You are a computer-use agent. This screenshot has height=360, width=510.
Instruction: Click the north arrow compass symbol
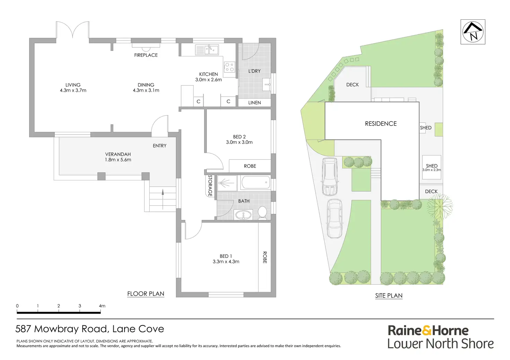pos(473,32)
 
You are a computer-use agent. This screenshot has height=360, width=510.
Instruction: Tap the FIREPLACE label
pos(146,55)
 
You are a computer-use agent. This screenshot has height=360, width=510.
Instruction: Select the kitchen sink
pos(207,50)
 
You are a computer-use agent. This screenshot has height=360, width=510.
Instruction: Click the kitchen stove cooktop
pos(229,67)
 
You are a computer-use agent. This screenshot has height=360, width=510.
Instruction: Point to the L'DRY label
pos(254,71)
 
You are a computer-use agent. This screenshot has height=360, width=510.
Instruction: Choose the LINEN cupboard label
pos(255,102)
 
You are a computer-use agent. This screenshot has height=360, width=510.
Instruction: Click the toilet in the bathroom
pos(262,213)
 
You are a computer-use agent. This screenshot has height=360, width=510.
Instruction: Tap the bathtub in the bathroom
pos(256,182)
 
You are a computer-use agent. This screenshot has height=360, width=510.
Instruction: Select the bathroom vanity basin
pos(243,215)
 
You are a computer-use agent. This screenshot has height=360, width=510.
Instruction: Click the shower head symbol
pos(226,183)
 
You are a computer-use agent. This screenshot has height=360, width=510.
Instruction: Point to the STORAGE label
pos(210,186)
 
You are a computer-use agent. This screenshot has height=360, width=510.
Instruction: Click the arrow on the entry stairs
pos(162,199)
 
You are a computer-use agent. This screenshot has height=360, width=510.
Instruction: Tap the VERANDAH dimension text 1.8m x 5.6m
pos(118,160)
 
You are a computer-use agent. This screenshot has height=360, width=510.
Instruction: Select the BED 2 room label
pos(239,137)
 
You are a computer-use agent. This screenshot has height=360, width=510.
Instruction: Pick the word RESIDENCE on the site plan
pos(381,124)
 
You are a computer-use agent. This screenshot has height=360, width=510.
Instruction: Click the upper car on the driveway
pos(329,177)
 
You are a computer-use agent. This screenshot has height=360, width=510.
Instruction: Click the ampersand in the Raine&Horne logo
pos(427,331)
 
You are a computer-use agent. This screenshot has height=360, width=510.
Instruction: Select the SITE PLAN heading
pos(389,295)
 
